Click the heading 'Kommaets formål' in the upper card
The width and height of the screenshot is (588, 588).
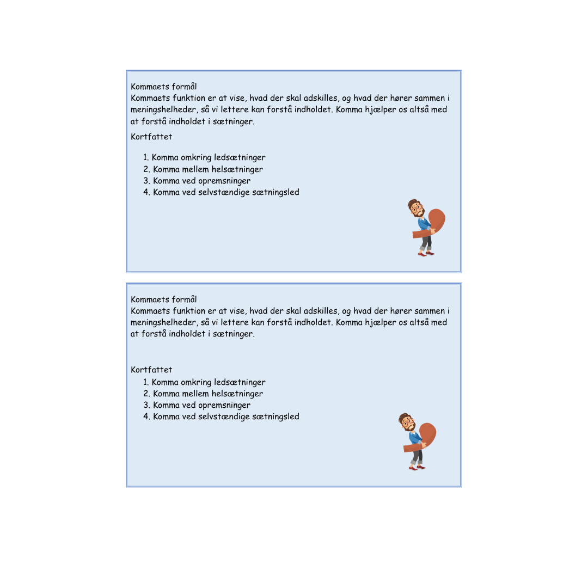[164, 87]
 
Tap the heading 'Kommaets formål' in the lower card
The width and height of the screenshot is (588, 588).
[164, 299]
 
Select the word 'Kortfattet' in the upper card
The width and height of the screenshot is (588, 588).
[151, 137]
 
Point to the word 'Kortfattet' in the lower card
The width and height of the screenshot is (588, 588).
[151, 370]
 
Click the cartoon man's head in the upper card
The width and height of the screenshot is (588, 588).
[415, 208]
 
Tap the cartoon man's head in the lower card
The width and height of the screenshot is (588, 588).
[406, 422]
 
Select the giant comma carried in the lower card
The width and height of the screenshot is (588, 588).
[427, 435]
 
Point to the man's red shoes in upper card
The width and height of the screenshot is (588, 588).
[426, 253]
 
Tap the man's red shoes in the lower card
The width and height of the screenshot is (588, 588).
[416, 467]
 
